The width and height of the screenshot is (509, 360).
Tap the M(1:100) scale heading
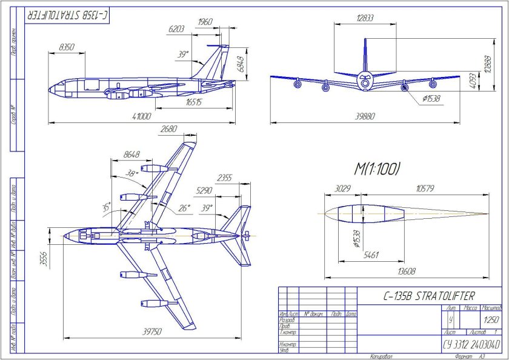point(376,170)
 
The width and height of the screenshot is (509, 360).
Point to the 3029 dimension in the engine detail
point(342,189)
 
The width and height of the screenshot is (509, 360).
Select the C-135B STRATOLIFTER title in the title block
point(430,296)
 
